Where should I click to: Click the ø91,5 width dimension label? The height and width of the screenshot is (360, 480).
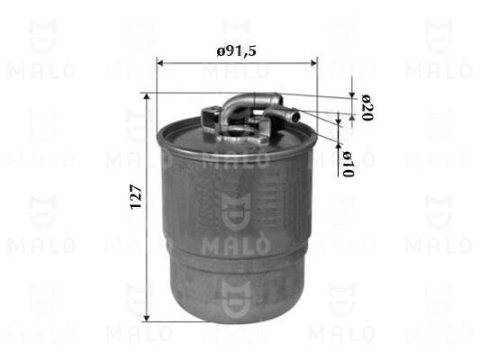(x=236, y=51)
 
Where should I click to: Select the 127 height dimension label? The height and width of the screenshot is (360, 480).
(x=136, y=197)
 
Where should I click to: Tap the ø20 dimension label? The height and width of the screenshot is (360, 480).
(x=367, y=108)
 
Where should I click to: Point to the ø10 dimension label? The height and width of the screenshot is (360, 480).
(x=348, y=164)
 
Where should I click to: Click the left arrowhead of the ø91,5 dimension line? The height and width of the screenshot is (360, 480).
(x=160, y=63)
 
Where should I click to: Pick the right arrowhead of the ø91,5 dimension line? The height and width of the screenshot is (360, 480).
(x=314, y=63)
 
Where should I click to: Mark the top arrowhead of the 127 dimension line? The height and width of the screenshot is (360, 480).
(x=147, y=97)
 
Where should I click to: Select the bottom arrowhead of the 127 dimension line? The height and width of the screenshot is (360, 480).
(x=147, y=318)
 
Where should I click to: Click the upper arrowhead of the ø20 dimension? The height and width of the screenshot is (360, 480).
(x=352, y=94)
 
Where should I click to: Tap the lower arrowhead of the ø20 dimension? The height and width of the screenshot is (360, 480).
(x=352, y=118)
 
